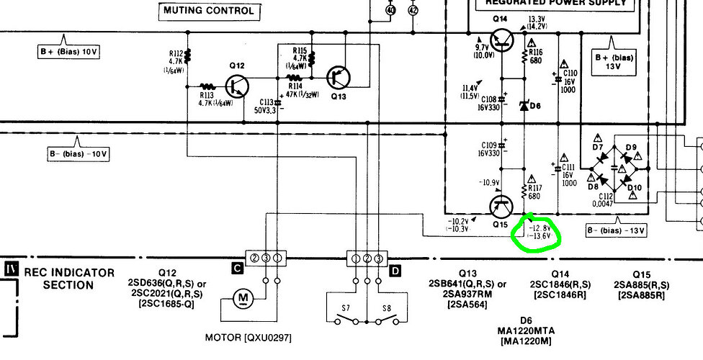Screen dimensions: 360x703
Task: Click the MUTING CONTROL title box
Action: (208, 11)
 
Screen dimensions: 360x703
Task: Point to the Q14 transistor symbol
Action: (499, 40)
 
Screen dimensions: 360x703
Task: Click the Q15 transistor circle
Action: (501, 207)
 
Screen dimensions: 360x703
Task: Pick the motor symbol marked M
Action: (243, 297)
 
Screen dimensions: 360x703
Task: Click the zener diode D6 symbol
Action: (524, 105)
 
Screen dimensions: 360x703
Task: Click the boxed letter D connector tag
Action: (395, 271)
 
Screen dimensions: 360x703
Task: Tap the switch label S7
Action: (346, 309)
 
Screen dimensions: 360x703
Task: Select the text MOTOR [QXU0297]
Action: (248, 337)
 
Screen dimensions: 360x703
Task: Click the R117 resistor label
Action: (534, 189)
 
